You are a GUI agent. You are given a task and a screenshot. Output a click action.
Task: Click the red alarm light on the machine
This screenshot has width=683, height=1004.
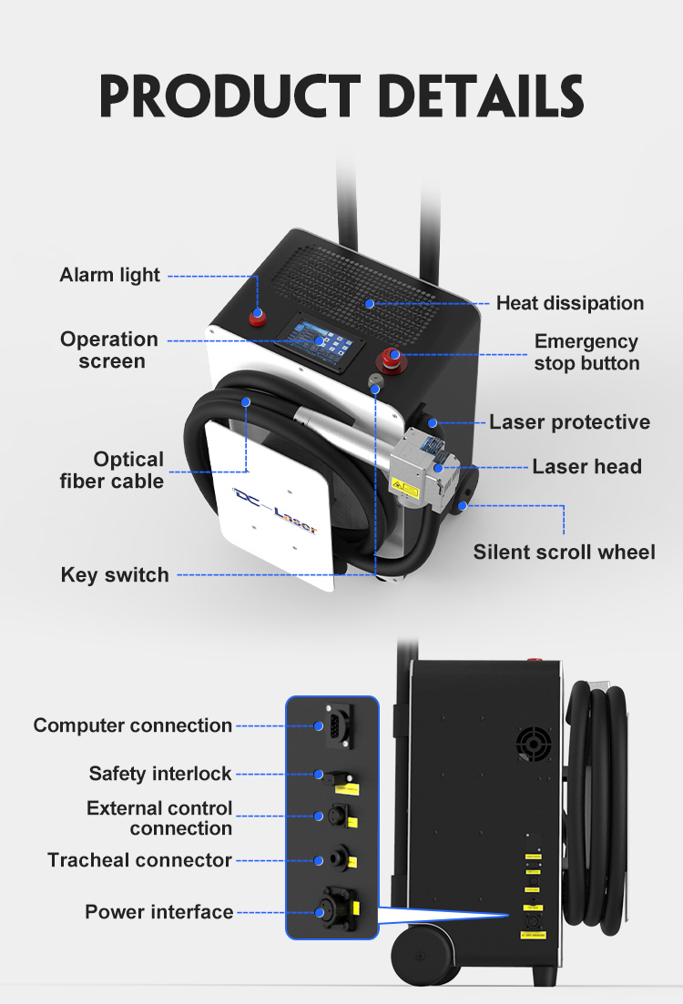tap(258, 317)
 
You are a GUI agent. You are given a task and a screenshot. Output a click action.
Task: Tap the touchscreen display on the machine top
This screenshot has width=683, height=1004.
tap(321, 340)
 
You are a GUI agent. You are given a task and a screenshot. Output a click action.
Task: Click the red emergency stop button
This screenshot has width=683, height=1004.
tap(394, 359)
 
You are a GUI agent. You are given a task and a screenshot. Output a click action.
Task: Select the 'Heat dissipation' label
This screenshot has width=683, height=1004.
tap(569, 303)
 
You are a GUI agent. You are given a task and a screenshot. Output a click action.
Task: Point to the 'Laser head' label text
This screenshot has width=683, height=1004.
tap(586, 467)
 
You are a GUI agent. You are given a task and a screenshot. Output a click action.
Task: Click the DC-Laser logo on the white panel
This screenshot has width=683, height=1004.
tap(275, 511)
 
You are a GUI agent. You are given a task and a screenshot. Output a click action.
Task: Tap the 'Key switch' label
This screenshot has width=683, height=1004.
tap(115, 575)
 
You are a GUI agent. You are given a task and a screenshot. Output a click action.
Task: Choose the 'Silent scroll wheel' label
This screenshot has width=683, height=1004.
tap(564, 552)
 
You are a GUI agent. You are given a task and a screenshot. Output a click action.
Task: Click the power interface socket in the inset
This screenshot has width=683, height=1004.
tap(335, 909)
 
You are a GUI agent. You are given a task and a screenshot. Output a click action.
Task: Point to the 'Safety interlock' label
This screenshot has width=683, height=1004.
tap(159, 774)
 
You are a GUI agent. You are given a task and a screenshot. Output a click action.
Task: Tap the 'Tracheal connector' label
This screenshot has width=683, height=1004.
tap(139, 860)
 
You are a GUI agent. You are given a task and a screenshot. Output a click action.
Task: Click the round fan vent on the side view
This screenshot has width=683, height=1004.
tap(534, 744)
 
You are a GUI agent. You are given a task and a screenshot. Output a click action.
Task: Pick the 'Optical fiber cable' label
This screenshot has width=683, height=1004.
tap(112, 470)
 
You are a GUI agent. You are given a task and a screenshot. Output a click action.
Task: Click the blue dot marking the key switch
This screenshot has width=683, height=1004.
tap(375, 389)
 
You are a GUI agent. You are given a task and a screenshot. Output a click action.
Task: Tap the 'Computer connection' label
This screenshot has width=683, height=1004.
tap(133, 725)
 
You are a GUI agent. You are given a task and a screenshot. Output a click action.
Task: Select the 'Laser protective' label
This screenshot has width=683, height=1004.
tap(569, 422)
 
